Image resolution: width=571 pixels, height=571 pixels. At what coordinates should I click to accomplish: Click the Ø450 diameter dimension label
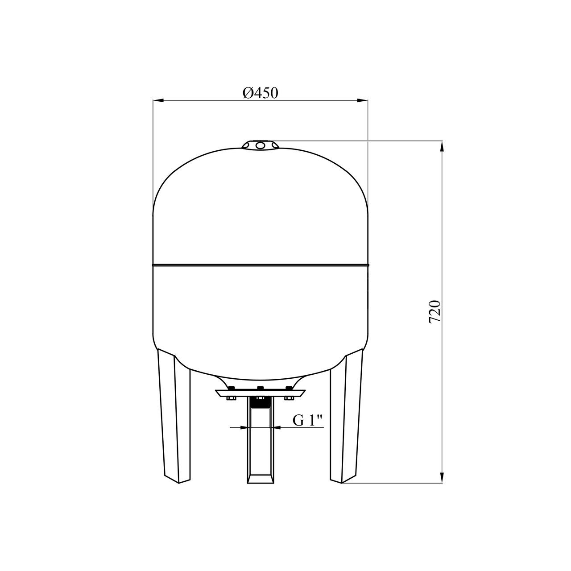point(260,93)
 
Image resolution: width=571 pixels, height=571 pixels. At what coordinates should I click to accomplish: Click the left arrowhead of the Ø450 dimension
point(158,101)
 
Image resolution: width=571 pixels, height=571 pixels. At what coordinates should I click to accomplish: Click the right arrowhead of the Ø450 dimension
point(362,101)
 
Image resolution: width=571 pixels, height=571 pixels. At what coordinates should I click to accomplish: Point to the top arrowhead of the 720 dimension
point(442,146)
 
